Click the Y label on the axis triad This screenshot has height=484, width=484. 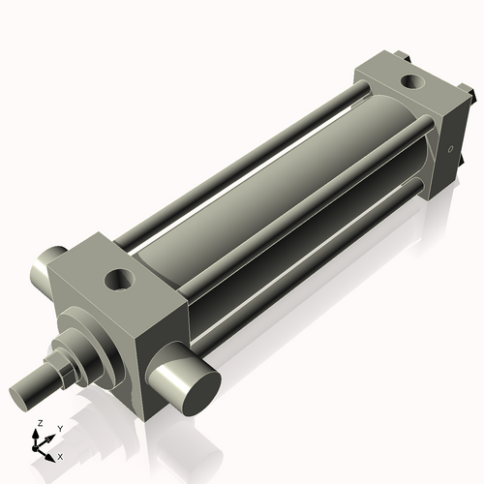click(59, 428)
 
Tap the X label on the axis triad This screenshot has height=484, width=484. click(60, 455)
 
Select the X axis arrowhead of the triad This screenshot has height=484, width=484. click(52, 452)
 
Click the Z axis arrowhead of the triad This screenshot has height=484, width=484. click(38, 434)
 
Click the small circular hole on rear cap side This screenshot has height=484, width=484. click(450, 149)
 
